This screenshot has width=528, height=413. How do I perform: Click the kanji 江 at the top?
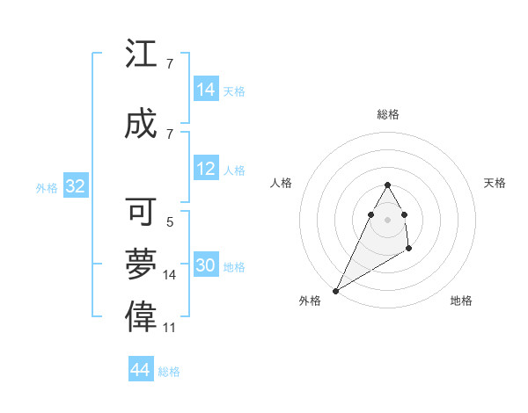(141, 55)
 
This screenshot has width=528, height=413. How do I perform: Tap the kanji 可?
(141, 212)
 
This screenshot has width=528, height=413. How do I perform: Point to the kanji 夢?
(141, 264)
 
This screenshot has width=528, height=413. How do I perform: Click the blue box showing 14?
(206, 90)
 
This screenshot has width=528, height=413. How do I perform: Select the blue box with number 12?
(206, 170)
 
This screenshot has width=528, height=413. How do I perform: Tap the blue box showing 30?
(206, 265)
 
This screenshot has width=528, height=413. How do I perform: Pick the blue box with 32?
(75, 186)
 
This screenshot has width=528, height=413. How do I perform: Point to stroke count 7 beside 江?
(170, 64)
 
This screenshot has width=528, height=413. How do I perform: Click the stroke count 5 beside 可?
(170, 222)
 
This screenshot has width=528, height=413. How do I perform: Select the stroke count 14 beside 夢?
(170, 275)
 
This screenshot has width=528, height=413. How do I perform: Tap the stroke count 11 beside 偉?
(170, 328)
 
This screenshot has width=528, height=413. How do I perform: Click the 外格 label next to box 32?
(47, 187)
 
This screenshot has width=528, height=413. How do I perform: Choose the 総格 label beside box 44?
(169, 372)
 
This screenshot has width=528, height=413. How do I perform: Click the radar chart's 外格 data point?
(335, 290)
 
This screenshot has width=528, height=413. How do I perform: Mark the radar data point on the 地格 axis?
(408, 250)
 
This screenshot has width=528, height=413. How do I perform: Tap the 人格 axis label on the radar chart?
(282, 183)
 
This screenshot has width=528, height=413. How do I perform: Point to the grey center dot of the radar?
(387, 218)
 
